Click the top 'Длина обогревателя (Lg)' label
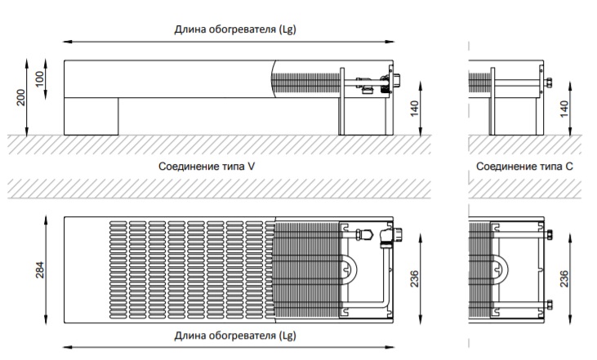click(234, 29)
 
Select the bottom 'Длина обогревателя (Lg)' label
click(234, 336)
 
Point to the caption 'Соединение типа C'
click(524, 166)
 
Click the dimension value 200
click(21, 96)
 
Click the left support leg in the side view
click(91, 116)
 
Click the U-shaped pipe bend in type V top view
click(347, 269)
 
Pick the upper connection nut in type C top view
click(549, 235)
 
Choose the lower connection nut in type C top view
click(549, 307)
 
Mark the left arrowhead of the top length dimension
click(67, 41)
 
